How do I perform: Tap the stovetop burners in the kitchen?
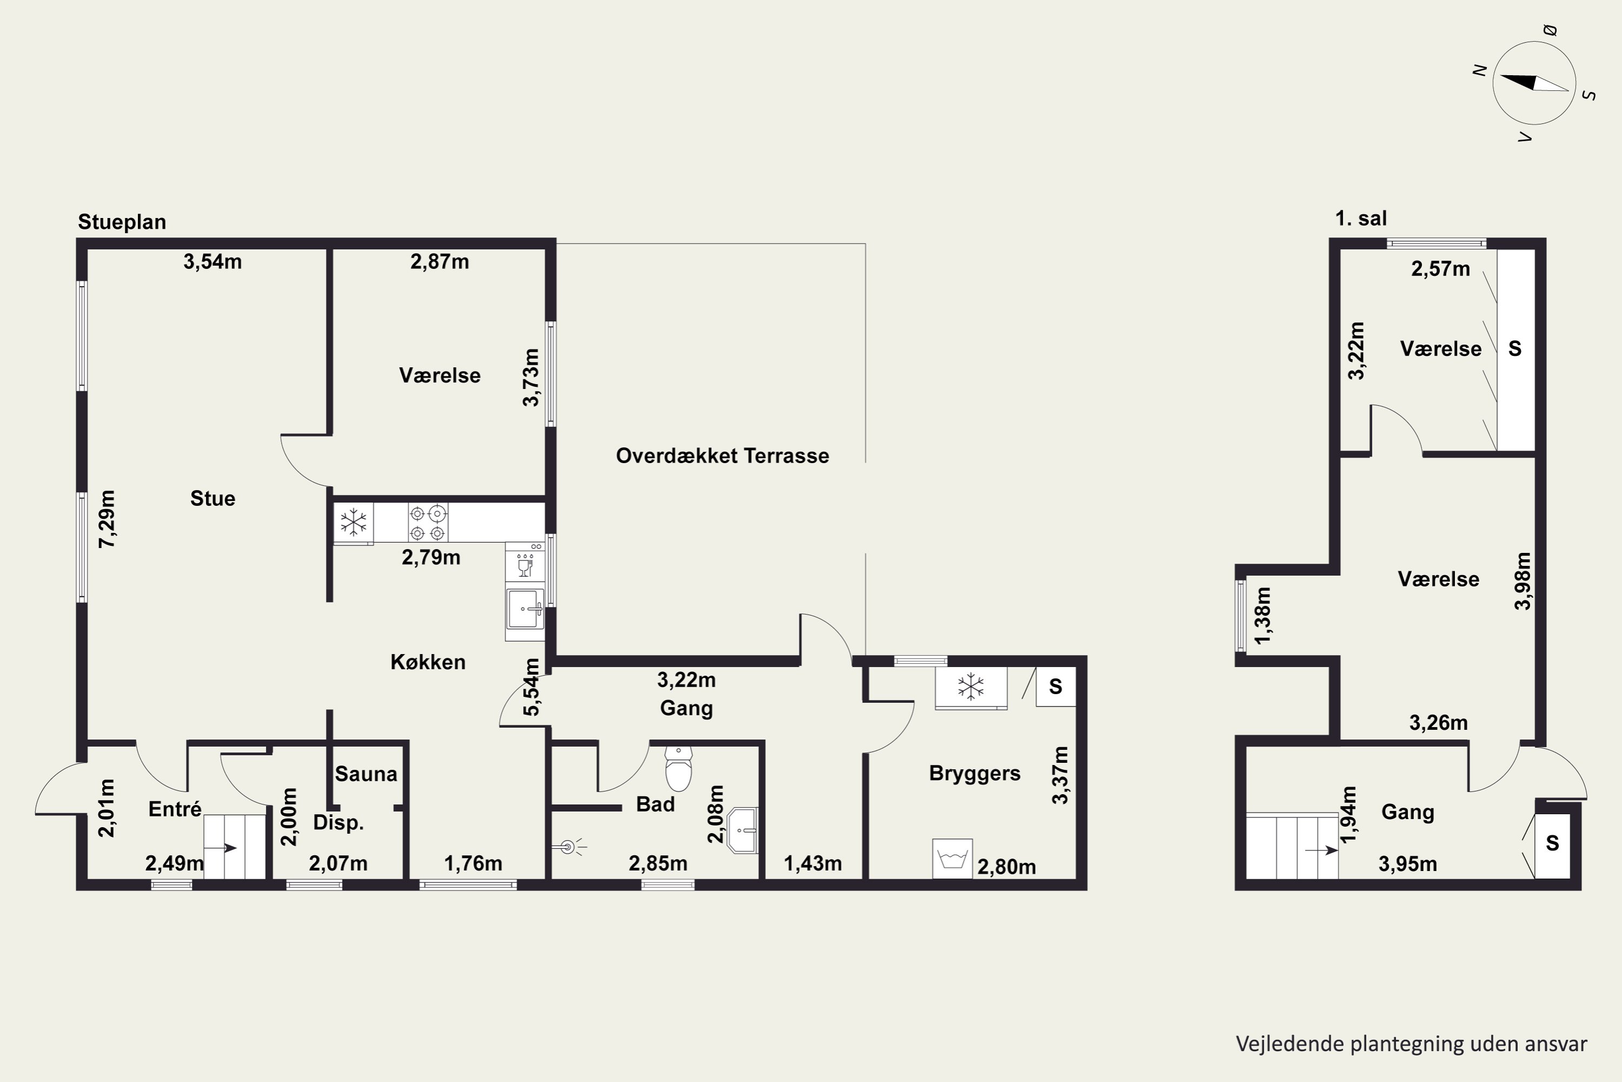428,523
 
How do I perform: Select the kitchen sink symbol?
526,609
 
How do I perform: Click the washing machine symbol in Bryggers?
952,859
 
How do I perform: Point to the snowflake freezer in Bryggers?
971,687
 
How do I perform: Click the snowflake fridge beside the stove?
354,523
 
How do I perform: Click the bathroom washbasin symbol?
743,830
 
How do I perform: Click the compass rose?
1534,83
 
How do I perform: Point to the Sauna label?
366,774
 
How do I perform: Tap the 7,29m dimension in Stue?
107,519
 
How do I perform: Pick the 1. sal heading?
1361,219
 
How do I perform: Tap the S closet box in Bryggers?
1056,687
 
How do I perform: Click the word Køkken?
428,662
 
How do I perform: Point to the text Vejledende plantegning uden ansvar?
1412,1044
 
